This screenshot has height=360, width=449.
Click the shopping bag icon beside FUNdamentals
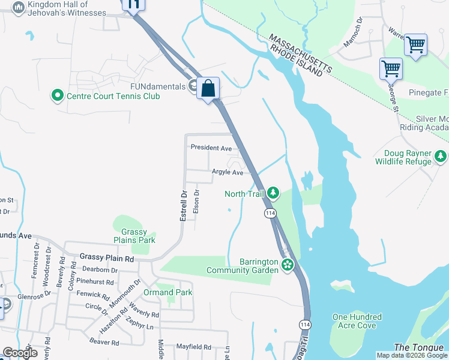(208, 89)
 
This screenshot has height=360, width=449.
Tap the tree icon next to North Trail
(273, 193)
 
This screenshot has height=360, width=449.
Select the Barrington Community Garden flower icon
(288, 265)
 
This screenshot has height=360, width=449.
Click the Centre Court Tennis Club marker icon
(58, 95)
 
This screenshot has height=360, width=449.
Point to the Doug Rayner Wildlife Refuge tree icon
(441, 157)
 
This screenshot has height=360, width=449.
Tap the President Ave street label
(211, 148)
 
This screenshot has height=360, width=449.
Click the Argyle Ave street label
(227, 172)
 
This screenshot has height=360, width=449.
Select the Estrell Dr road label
(184, 206)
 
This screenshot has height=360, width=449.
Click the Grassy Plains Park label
(138, 236)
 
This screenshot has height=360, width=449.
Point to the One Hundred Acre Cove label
(357, 321)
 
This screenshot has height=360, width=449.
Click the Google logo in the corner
(20, 353)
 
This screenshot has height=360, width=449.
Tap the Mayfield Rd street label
(193, 347)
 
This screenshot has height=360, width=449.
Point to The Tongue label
(414, 347)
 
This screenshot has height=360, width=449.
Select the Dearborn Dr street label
(100, 269)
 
